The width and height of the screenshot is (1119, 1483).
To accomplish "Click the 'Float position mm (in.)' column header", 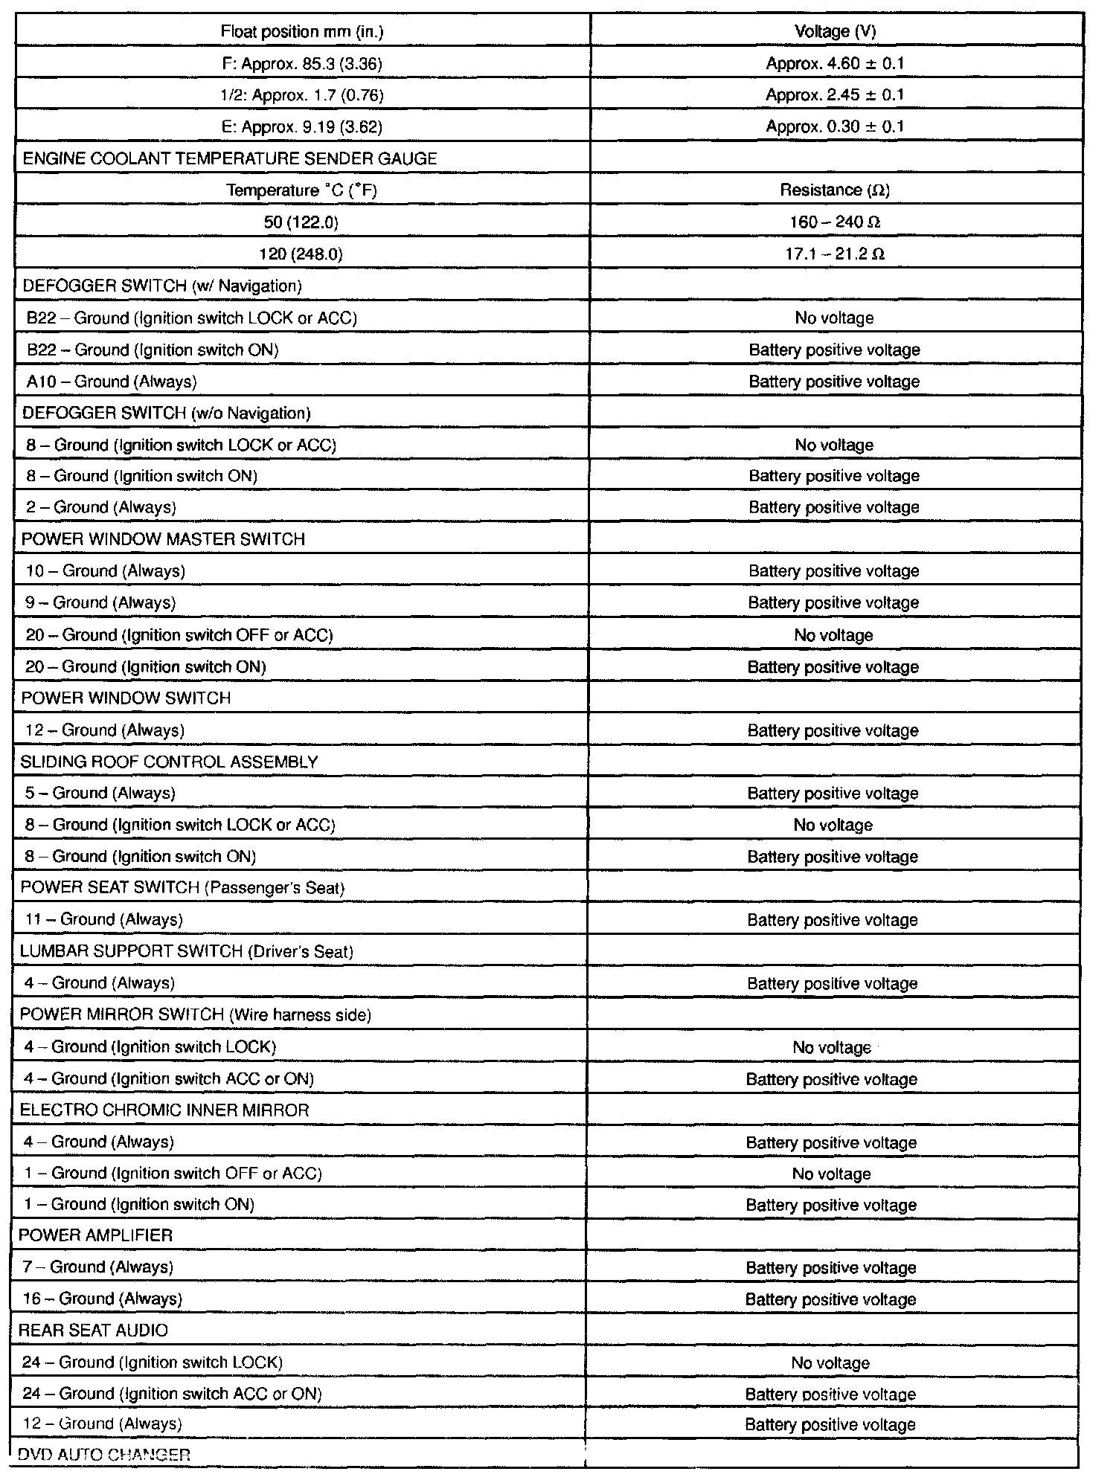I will pos(302,31).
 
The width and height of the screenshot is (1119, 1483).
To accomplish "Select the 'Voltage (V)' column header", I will pos(835,31).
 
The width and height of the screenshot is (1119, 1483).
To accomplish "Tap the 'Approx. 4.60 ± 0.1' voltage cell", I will pos(835,63).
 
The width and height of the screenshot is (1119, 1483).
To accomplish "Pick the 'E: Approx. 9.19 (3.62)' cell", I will pos(302,127).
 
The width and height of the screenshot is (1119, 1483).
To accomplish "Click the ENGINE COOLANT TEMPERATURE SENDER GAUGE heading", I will pos(230,158).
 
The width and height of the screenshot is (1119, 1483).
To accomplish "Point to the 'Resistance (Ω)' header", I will pos(835,190).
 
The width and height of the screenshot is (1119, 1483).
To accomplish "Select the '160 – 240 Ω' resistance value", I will pos(835,222).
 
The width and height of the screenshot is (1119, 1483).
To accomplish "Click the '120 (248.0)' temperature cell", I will pos(301,254).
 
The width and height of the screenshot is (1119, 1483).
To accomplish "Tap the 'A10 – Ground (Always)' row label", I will pos(112,382).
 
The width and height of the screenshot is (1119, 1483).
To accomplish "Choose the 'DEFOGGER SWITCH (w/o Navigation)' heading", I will pos(167,414).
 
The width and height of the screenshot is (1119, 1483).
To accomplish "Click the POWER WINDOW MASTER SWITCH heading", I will pos(163,539).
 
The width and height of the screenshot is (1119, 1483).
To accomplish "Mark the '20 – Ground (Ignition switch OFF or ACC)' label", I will pos(179,635).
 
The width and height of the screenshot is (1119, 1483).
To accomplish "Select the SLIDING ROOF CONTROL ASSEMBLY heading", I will pos(169,762).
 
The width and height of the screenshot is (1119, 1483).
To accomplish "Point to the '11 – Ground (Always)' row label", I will pos(103,920).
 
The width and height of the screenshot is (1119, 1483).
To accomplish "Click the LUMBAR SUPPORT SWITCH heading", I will pos(186,952).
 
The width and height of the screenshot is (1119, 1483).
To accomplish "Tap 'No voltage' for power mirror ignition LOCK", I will pos(832,1047).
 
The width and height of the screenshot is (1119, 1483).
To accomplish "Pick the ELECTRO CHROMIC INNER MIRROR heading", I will pos(164,1110).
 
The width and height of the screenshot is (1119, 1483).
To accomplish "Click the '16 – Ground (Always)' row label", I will pos(103,1299).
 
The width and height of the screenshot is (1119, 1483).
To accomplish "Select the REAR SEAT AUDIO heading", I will pos(93,1331).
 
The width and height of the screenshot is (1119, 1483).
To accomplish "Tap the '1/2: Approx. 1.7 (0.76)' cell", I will pos(302,95).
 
